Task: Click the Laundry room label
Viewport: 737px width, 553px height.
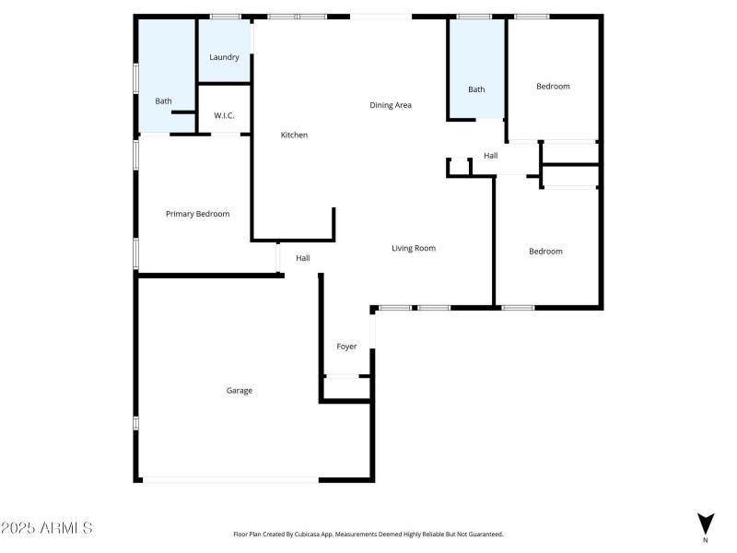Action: [224, 57]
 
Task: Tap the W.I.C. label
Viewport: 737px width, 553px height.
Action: [224, 115]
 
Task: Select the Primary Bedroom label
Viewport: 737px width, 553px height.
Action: [197, 214]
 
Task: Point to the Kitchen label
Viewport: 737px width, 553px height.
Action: [294, 135]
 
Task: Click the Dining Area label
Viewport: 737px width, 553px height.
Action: [391, 105]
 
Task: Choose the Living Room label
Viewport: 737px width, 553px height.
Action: [414, 248]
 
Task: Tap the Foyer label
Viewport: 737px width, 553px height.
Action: [346, 347]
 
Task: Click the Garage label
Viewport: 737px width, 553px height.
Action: [240, 391]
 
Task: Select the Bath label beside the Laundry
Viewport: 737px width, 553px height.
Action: [163, 101]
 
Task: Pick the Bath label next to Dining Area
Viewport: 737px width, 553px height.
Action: [476, 89]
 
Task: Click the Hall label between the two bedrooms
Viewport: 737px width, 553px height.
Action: [491, 156]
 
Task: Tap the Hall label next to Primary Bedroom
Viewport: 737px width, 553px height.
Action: [302, 258]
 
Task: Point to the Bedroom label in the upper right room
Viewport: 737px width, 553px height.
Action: [553, 87]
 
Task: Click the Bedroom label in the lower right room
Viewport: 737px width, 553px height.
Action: [545, 252]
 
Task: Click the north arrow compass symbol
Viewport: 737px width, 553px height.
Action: [706, 524]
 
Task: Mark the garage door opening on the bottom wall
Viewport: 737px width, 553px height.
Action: [230, 479]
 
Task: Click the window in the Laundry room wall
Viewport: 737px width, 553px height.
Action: [225, 17]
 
